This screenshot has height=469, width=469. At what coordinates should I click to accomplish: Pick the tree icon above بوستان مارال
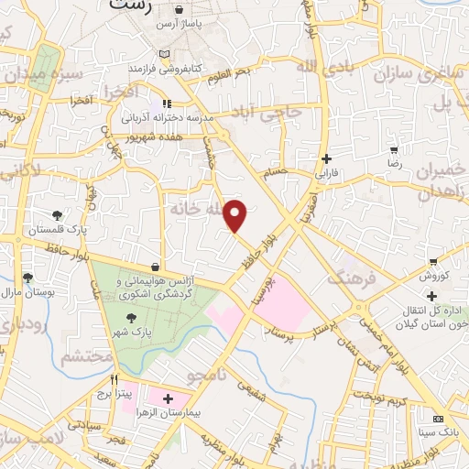(x=27, y=278)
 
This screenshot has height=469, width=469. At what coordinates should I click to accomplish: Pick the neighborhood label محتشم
(x=82, y=357)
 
